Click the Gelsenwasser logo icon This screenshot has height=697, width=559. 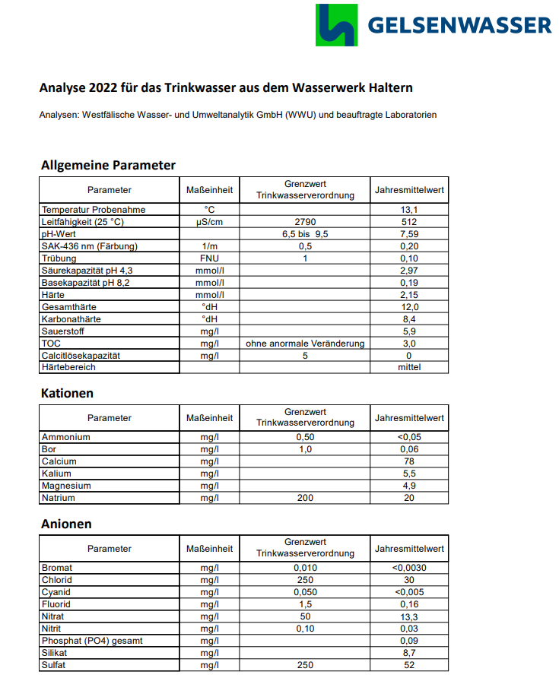[335, 25]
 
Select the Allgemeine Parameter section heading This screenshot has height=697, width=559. [108, 165]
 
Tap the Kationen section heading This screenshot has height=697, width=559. [67, 393]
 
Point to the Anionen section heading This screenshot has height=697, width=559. [66, 524]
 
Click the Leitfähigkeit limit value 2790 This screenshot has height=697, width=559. [305, 222]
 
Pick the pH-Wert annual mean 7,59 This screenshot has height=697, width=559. [409, 234]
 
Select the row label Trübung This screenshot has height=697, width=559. [60, 258]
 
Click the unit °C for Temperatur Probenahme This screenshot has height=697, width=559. [209, 210]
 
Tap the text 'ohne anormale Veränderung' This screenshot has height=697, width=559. [305, 344]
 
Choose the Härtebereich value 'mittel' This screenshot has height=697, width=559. [409, 367]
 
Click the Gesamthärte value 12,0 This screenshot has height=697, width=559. [409, 307]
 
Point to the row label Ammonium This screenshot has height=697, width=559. [66, 437]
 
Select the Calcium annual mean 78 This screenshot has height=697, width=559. [409, 461]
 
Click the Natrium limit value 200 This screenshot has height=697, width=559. [305, 498]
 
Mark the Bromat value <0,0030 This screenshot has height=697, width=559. [409, 568]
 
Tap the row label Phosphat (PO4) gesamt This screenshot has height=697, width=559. [92, 641]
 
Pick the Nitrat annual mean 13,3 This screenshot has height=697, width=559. [409, 616]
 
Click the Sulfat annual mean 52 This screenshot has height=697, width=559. [409, 665]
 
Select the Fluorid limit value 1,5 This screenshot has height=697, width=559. [305, 604]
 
